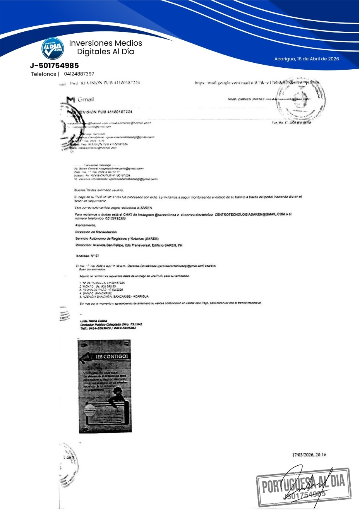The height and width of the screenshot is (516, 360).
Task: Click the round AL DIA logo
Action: [x=53, y=49]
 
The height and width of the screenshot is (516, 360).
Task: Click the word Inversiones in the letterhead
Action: [x=87, y=43]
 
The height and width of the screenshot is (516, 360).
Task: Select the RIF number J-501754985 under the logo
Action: [x=54, y=65]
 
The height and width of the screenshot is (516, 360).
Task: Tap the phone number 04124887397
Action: [x=79, y=74]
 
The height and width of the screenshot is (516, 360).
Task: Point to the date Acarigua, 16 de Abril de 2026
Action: [x=307, y=59]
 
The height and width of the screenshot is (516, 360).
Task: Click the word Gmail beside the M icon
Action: [x=86, y=99]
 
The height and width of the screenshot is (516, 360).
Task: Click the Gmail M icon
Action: [x=71, y=100]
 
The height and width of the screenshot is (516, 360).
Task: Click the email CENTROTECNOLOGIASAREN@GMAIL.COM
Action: [x=250, y=214]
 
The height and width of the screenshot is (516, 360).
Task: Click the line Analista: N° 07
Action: [x=87, y=256]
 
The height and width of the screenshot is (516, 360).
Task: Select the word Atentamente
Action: [x=86, y=225]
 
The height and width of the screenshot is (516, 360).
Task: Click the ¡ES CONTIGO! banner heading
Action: [x=111, y=356]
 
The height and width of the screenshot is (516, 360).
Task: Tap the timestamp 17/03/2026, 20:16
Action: [x=309, y=455]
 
